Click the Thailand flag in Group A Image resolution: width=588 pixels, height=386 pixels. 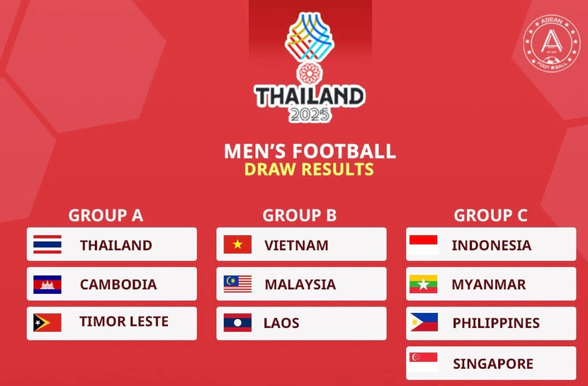point(47,245)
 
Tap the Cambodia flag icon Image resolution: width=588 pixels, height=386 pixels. point(47,285)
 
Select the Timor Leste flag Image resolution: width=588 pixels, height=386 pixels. point(47,322)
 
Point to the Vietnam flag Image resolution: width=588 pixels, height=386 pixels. point(237,245)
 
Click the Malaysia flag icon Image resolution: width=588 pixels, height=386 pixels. point(237,285)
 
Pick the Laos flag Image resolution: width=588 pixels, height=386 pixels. point(237,323)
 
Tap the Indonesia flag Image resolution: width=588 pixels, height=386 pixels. point(424,245)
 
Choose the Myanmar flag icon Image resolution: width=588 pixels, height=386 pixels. point(424,285)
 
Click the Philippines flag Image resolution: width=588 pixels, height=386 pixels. point(424,323)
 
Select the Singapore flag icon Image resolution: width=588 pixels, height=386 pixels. point(424,363)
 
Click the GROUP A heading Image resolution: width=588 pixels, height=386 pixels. point(106,215)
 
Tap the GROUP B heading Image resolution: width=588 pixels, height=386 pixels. point(299,215)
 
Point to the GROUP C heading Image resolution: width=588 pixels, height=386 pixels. point(490,215)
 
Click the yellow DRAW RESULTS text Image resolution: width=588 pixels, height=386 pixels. point(309,170)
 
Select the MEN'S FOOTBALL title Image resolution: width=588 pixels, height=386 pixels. point(310,151)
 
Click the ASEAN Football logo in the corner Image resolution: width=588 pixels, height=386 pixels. point(551,42)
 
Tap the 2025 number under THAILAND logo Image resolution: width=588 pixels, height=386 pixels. point(310,114)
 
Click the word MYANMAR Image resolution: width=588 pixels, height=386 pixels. point(488,285)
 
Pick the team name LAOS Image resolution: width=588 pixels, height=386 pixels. point(281,323)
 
